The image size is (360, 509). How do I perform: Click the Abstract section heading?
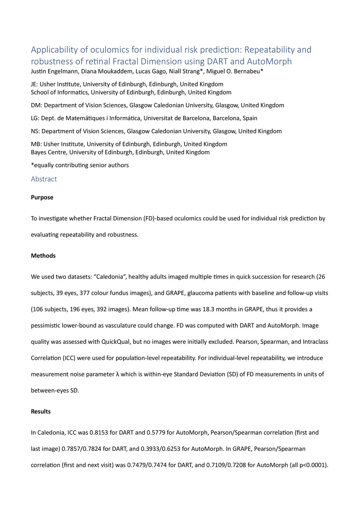coord(44,179)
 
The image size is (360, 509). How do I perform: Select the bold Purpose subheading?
coord(42,197)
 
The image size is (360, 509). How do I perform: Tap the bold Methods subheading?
coord(43,256)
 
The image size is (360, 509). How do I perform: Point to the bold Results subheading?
coord(40,411)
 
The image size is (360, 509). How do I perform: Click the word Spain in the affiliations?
coord(250,118)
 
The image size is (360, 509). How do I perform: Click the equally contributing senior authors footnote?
coord(80,165)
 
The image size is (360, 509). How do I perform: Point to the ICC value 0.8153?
coord(99,432)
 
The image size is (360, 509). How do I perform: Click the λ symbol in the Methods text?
coord(117,374)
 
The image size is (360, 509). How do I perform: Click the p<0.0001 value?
coord(313,465)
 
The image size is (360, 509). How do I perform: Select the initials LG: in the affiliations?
coord(35,118)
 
